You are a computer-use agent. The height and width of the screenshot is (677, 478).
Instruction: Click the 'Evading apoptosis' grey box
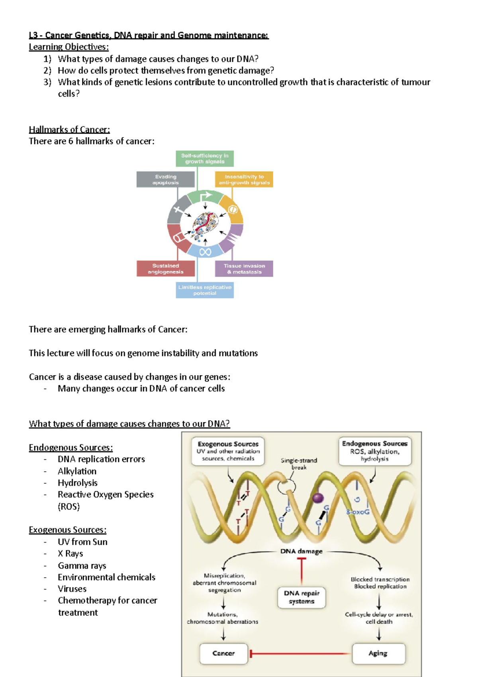tap(166, 179)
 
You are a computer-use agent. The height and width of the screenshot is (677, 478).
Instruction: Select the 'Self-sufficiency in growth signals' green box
tap(205, 159)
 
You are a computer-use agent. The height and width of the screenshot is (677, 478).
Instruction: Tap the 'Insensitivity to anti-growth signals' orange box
tap(244, 179)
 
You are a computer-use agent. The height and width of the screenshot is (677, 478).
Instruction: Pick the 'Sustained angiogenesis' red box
tap(166, 269)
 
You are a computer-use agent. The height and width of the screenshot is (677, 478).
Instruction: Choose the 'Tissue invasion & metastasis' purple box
tap(244, 269)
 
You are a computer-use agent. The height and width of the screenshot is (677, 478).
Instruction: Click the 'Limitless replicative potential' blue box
tap(205, 290)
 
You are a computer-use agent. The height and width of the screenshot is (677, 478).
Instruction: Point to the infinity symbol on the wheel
tap(205, 252)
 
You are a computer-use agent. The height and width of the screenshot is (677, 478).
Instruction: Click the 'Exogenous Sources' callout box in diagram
tap(228, 451)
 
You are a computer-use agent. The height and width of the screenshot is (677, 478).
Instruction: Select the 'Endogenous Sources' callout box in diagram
tap(374, 451)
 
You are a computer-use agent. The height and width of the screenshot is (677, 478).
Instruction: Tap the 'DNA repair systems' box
tap(302, 597)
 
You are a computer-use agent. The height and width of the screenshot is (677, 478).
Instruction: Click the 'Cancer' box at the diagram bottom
tap(223, 653)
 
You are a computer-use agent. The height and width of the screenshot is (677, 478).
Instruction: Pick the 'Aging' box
tap(378, 653)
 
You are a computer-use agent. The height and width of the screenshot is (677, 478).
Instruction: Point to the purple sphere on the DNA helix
tap(317, 498)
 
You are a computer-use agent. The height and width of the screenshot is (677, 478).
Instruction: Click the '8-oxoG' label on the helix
tap(358, 512)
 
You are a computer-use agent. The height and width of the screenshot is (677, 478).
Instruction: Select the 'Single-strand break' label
tap(299, 464)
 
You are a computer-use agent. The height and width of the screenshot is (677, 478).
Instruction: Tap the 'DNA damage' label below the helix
tap(301, 551)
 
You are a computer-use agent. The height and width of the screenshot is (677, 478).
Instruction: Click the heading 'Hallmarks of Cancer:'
tap(69, 130)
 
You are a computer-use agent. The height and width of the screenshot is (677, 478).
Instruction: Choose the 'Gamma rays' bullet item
tap(82, 565)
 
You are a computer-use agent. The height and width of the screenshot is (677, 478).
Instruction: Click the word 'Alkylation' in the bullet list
tap(77, 471)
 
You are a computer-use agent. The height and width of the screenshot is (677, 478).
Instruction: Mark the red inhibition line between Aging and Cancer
tap(301, 653)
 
